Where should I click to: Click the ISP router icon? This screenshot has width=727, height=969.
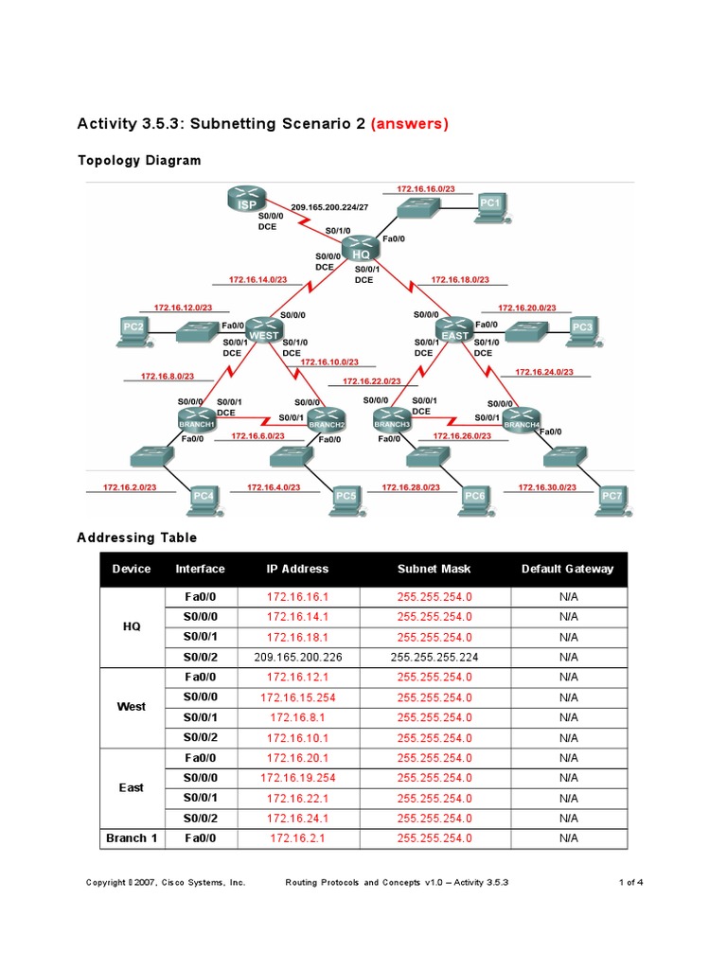pos(247,201)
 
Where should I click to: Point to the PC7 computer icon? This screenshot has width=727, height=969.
pos(612,498)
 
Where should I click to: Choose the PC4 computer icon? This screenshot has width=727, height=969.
pos(203,498)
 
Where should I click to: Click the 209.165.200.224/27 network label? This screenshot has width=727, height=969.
pos(330,206)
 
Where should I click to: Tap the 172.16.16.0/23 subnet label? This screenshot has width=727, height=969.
pos(426,189)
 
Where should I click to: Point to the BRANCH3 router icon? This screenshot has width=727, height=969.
pos(392,419)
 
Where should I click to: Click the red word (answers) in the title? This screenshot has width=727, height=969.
pos(410,123)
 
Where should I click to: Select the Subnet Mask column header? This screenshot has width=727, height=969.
pos(434,569)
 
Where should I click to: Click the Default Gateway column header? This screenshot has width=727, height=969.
pos(567,569)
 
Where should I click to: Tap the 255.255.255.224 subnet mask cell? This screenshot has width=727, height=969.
pos(434,657)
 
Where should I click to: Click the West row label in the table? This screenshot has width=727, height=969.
pos(131,707)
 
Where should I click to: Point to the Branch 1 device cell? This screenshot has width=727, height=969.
pos(131,837)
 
